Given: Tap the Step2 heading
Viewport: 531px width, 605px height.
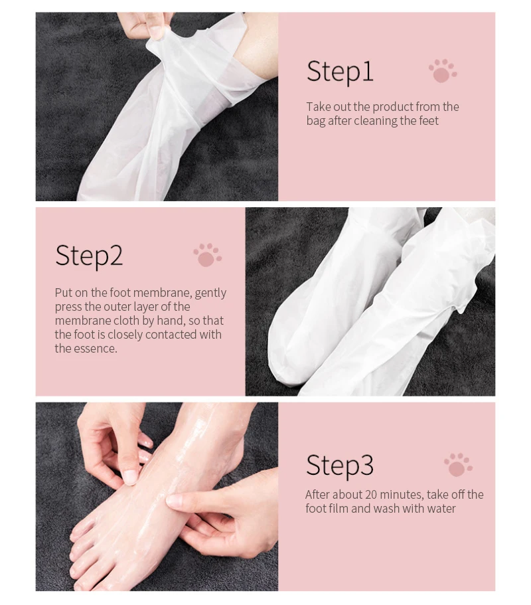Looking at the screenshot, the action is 89,256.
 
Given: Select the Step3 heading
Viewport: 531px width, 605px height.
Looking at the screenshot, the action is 340,466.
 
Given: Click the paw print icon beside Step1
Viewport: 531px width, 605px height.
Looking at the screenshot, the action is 443,70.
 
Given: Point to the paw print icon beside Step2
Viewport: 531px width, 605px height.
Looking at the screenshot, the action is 208,254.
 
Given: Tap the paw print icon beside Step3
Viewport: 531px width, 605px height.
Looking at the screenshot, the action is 458,465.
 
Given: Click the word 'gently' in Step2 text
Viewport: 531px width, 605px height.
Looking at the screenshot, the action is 210,294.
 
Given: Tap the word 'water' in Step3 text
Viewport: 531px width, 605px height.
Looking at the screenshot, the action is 441,509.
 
